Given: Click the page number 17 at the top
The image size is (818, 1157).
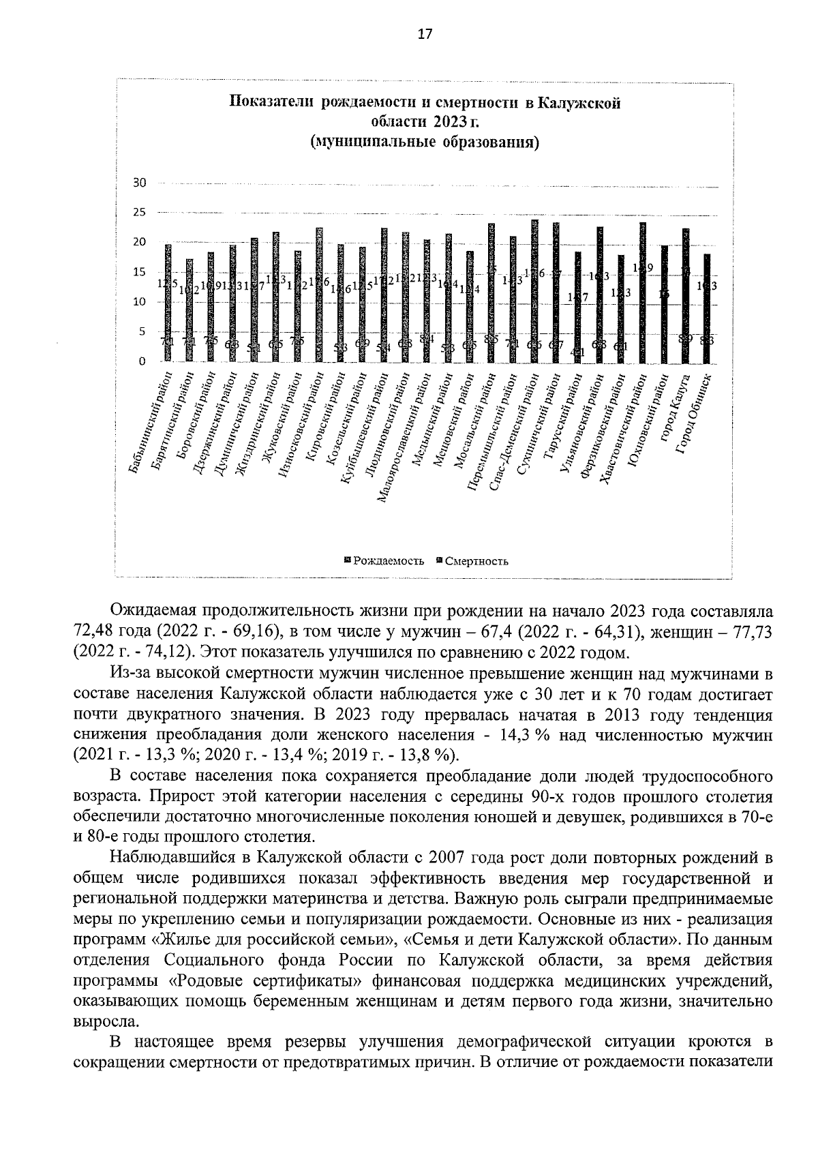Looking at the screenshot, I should click(x=425, y=35).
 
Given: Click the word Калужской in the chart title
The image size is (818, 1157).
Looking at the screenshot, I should click(x=579, y=103).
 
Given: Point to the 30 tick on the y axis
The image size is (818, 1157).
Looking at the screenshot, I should click(x=140, y=183).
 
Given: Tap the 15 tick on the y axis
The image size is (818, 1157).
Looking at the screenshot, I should click(x=140, y=272).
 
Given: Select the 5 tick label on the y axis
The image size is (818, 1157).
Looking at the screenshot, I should click(x=142, y=331).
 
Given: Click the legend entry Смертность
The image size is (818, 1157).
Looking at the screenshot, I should click(x=476, y=561).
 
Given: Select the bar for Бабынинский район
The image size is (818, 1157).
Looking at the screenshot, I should click(x=168, y=303).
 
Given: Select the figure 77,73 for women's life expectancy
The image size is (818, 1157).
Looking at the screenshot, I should click(x=750, y=631).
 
